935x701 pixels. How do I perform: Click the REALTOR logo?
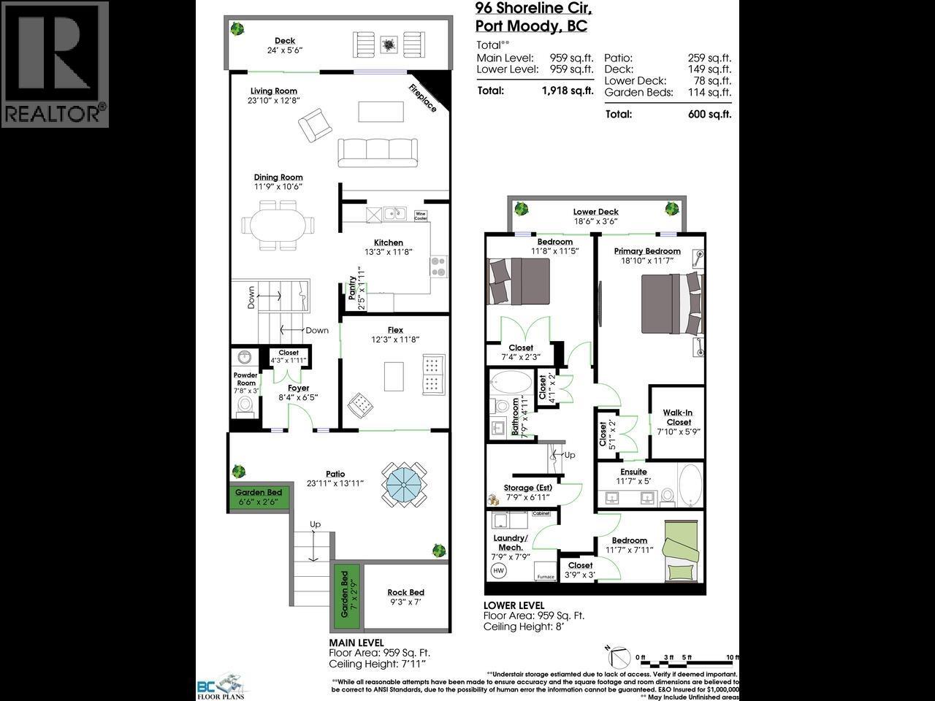[55, 64]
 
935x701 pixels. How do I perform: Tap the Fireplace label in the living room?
[422, 98]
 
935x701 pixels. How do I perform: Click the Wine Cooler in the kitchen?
[421, 215]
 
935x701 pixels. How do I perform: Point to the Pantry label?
[354, 292]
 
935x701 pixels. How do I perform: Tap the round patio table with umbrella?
[400, 483]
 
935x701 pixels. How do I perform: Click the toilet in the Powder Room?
[245, 405]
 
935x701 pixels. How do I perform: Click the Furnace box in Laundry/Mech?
[546, 572]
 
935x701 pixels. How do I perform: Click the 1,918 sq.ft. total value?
[567, 91]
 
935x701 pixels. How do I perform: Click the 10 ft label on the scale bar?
[732, 657]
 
